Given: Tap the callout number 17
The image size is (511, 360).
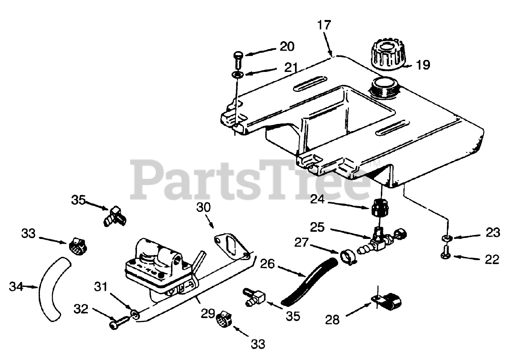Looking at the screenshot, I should click(x=324, y=25).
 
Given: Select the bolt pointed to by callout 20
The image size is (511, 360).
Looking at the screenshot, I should click(x=238, y=59).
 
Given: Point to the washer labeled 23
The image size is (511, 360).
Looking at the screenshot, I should click(x=446, y=239).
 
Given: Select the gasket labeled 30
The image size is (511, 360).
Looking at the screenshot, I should click(x=231, y=247).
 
